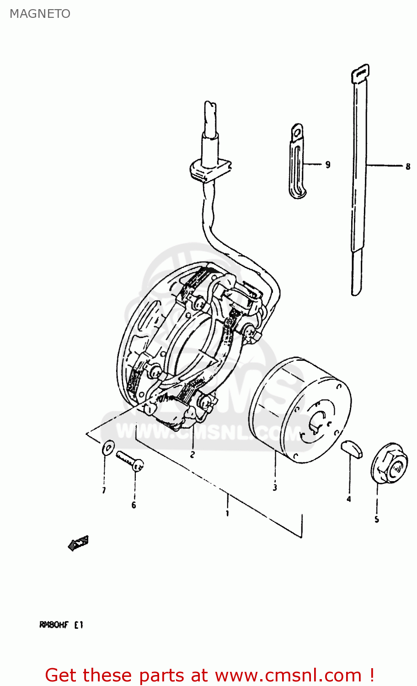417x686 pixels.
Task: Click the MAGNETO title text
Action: (40, 14)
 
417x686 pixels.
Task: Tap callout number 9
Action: (328, 165)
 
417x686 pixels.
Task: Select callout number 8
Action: (408, 166)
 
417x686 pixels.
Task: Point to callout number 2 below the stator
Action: (192, 455)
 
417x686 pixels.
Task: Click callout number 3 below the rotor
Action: (275, 488)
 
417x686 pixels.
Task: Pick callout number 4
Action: (349, 499)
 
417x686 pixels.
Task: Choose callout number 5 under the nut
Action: (377, 520)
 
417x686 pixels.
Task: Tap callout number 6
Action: (134, 505)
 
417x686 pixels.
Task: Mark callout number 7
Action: (104, 491)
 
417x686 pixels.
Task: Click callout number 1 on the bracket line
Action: (227, 513)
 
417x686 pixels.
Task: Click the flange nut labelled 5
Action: (389, 463)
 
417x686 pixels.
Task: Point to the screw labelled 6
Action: (130, 461)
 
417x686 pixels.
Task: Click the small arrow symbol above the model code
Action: (78, 543)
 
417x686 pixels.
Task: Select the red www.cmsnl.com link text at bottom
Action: (288, 675)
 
